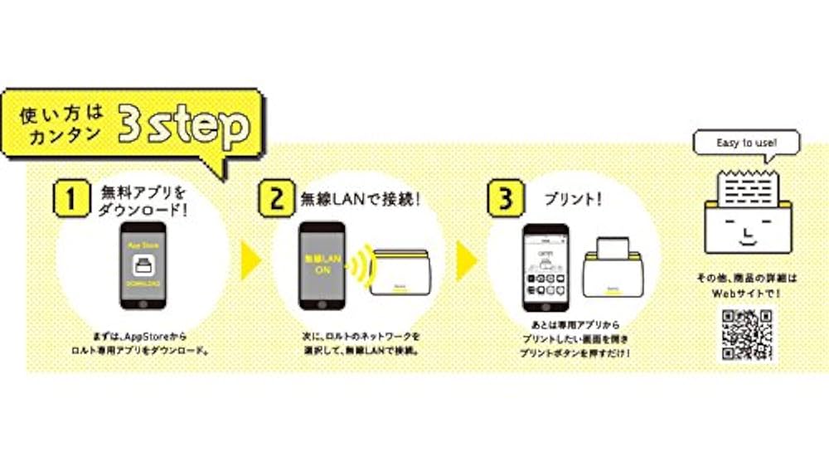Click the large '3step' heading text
point(183,126)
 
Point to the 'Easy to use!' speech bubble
point(747,143)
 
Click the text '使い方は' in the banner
point(61,117)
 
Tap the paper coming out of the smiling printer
point(747,184)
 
